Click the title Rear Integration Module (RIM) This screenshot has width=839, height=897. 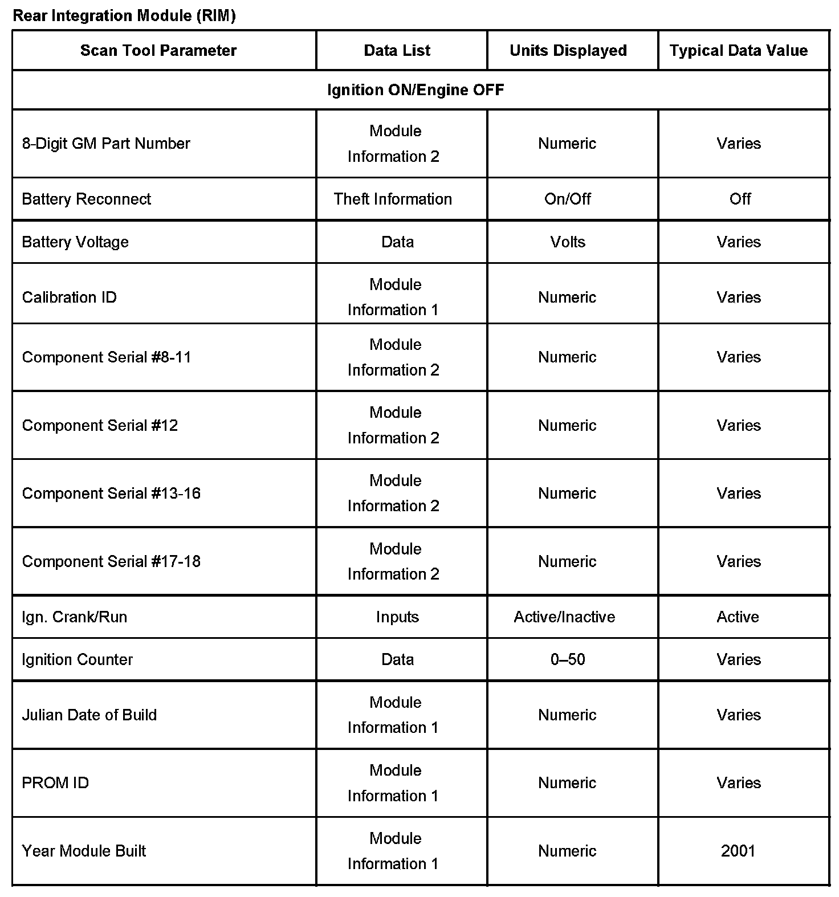124,16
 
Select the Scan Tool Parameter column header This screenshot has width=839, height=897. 158,51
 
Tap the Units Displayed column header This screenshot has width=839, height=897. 568,51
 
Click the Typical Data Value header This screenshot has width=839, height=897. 738,51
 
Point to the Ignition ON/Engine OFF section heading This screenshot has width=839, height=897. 416,90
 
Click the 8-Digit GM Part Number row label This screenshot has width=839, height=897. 106,144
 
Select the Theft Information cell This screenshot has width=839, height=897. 393,199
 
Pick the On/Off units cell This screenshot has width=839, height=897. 567,199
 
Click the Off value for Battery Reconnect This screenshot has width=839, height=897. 740,199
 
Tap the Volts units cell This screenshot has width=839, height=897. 568,242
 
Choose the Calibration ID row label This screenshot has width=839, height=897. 69,297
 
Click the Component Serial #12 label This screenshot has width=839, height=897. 100,426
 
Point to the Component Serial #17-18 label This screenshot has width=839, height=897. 111,562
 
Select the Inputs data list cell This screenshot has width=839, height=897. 397,617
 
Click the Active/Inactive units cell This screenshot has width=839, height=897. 564,617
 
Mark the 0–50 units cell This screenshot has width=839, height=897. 568,660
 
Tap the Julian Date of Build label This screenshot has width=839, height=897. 89,715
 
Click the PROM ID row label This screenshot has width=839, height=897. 55,783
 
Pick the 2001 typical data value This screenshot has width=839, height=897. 738,851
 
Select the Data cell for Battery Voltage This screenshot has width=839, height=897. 397,242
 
